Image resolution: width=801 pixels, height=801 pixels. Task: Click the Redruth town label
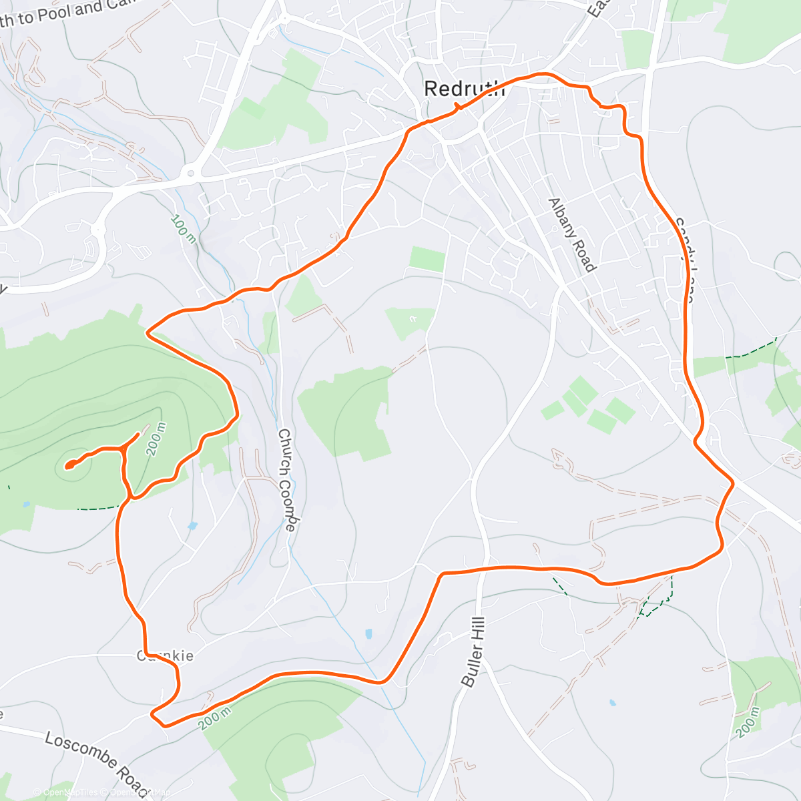tap(465, 89)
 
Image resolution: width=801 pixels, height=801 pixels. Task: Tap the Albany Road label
tap(571, 234)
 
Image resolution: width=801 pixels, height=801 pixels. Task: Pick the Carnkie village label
tap(165, 655)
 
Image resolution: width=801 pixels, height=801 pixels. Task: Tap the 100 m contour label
tap(183, 229)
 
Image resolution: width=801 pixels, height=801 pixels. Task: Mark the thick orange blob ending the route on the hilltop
tap(69, 465)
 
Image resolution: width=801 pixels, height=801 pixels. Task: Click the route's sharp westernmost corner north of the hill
tap(148, 330)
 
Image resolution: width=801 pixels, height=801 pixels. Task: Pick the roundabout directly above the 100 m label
tap(191, 174)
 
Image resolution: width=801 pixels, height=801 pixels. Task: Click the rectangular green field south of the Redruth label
tap(427, 259)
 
